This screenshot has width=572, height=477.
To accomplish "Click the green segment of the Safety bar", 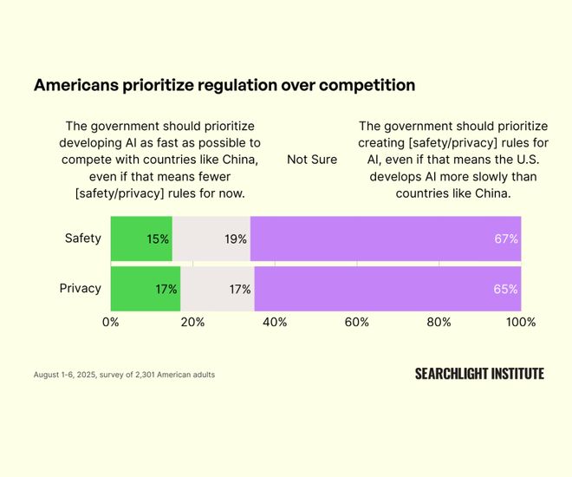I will coord(141,238).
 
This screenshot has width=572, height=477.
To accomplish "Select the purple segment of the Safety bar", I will coord(386,238).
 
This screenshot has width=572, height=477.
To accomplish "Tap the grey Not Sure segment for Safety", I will coord(211,238).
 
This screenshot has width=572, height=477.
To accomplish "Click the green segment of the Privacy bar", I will coord(146,289).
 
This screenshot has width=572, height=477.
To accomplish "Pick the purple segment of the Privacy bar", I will coord(387,289).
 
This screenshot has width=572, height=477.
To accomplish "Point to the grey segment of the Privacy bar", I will coord(218,289).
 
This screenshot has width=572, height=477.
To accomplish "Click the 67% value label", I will coord(506,238).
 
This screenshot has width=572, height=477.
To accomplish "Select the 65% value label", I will coord(506,289).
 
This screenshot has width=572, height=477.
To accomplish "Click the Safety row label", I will coord(83,238).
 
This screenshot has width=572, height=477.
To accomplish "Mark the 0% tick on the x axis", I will coord(111,322).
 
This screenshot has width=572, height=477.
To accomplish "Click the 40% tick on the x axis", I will coord(275,322).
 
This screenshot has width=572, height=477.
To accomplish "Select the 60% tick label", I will coord(357,322).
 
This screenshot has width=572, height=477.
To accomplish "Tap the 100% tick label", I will coord(521,322).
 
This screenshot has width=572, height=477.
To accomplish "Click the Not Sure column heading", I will coord(312,160).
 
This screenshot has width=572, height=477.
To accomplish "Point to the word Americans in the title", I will coord(73,85).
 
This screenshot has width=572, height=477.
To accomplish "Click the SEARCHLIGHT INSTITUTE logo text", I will coord(479,374).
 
